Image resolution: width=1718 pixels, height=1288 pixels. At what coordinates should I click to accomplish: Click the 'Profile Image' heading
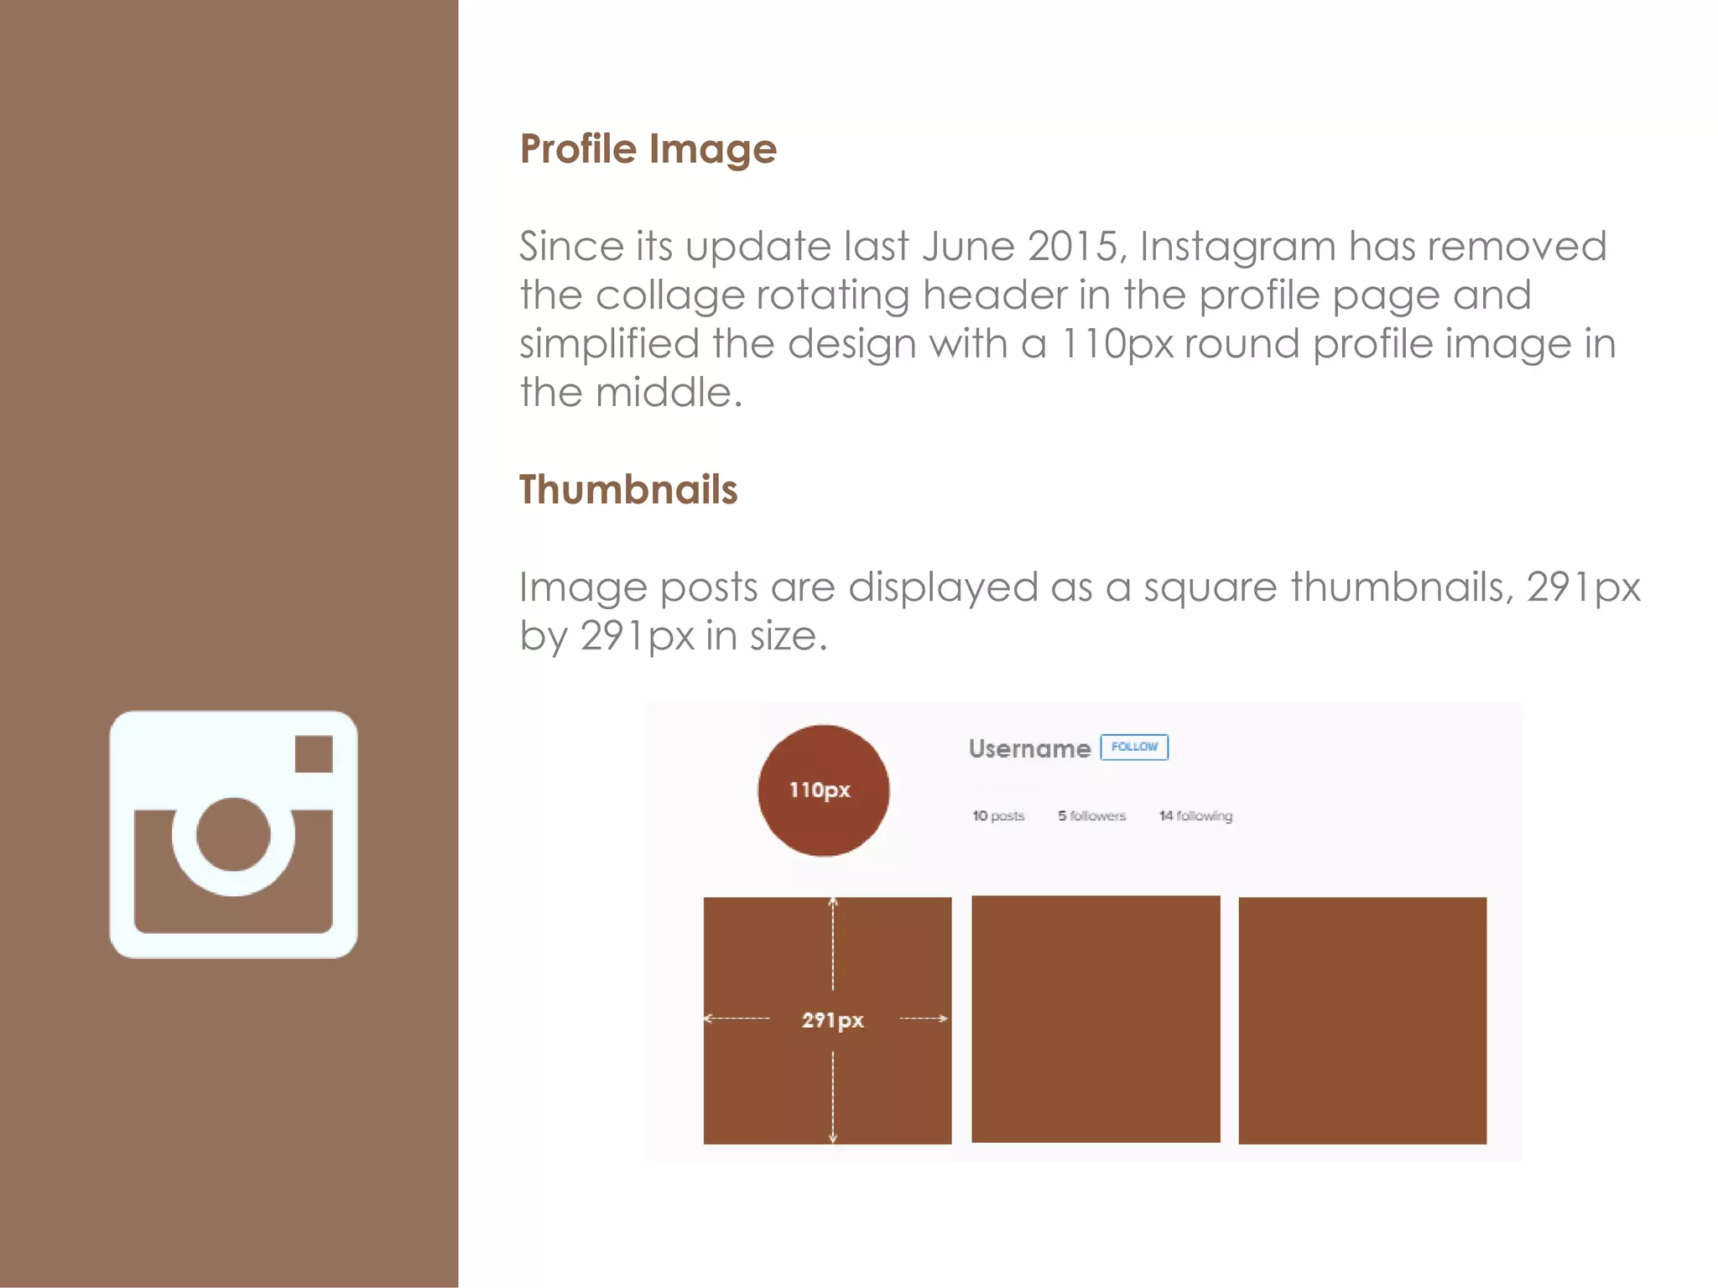(x=648, y=149)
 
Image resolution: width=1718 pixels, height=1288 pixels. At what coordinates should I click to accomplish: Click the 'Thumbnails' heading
(x=627, y=489)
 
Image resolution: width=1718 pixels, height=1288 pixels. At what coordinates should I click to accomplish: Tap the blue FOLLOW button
(x=1134, y=747)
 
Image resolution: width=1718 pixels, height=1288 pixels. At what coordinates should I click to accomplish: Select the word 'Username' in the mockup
(x=1029, y=748)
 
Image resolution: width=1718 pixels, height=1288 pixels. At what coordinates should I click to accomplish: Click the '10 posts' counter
(x=998, y=816)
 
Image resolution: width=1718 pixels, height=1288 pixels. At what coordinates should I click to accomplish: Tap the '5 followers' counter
(x=1091, y=816)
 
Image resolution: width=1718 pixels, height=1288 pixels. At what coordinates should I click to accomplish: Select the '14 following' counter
(x=1195, y=816)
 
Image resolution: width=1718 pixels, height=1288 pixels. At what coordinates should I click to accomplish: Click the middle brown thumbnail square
(x=1096, y=1019)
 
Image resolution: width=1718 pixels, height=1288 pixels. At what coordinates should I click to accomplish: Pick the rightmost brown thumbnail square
(x=1362, y=1020)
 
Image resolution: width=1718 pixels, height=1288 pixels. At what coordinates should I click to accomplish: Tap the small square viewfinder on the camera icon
(x=314, y=754)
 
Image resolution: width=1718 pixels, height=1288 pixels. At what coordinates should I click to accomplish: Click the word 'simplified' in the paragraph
(x=609, y=345)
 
